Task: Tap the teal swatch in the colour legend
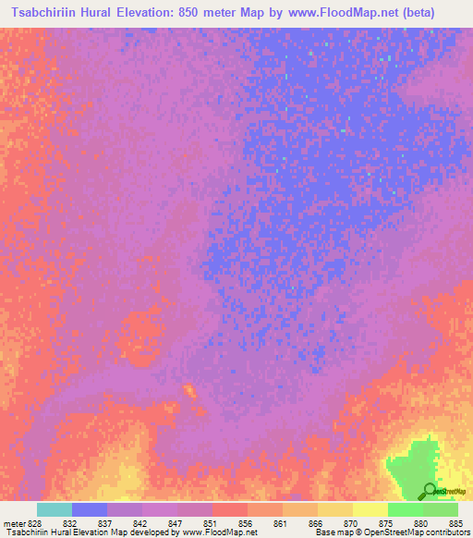[x=55, y=509]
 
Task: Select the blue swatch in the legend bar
[x=90, y=509]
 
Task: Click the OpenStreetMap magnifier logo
[x=429, y=490]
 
